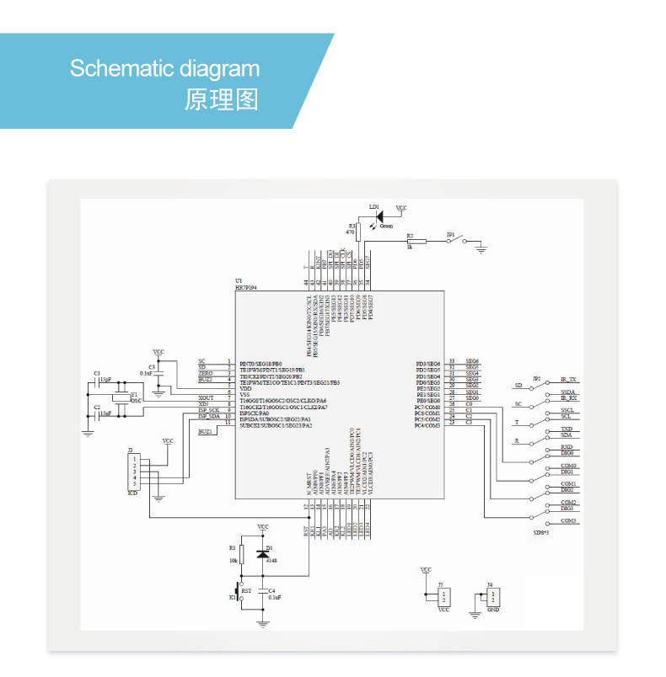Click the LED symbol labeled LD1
point(378,216)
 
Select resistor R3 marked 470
point(358,231)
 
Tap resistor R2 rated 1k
point(416,241)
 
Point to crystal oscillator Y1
point(123,396)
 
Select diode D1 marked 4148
point(263,553)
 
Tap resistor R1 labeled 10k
point(242,553)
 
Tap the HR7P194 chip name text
point(246,287)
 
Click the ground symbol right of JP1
point(481,248)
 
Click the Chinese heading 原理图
point(222,100)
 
